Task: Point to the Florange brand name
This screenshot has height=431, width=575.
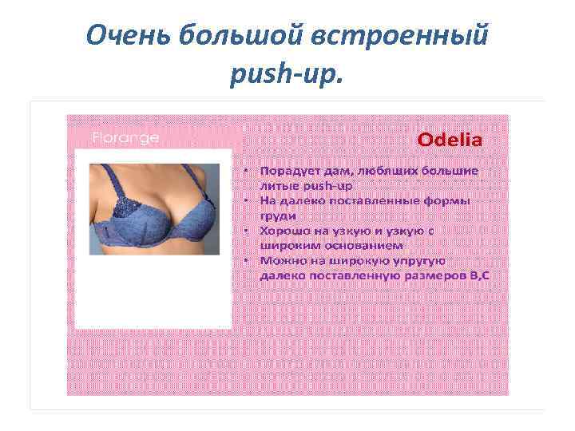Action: [x=125, y=137]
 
